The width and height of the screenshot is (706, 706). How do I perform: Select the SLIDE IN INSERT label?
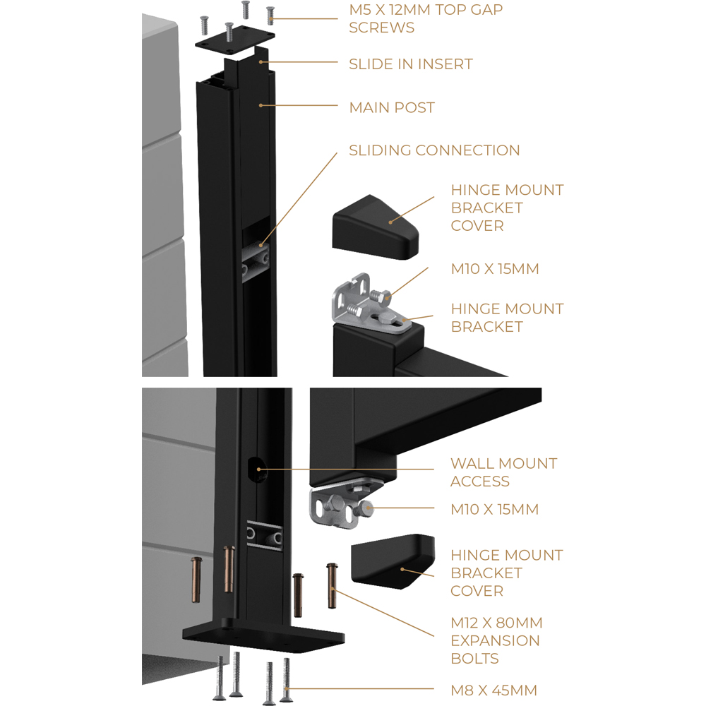point(410,64)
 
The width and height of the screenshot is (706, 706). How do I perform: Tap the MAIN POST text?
point(392,108)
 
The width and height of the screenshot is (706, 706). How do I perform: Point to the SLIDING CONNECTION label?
point(434,150)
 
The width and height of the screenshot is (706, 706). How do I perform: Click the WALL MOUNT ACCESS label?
point(503,472)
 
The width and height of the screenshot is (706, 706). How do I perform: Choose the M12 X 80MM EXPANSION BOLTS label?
point(496,640)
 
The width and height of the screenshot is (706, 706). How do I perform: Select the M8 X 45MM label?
point(494,690)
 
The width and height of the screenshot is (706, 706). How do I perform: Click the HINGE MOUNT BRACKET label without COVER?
point(507,318)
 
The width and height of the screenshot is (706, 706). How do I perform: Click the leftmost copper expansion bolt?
point(196,579)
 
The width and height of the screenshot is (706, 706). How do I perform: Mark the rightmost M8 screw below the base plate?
point(286,679)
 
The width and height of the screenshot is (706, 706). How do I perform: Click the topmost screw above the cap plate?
point(246,8)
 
